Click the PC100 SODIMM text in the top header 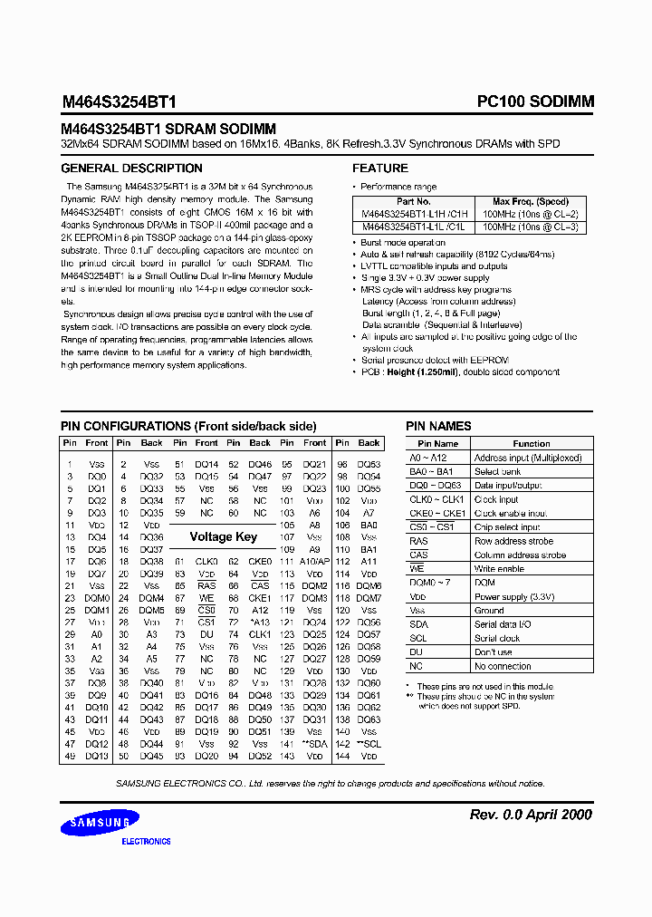(x=535, y=102)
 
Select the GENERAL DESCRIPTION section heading (x=131, y=169)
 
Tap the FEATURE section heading (x=380, y=169)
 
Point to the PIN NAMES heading (x=438, y=426)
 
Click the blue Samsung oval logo (x=100, y=823)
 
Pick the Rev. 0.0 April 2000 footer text (x=531, y=815)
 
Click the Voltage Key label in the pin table (x=223, y=536)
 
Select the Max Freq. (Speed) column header (x=530, y=201)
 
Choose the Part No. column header (x=413, y=201)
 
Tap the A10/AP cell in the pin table (x=314, y=561)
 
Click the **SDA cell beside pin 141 (x=314, y=743)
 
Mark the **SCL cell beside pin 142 (x=369, y=743)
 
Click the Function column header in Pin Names (x=531, y=444)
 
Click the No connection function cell (x=503, y=665)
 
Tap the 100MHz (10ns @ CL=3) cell (x=530, y=227)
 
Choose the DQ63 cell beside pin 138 (x=369, y=719)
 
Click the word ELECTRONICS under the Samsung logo (x=146, y=842)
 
